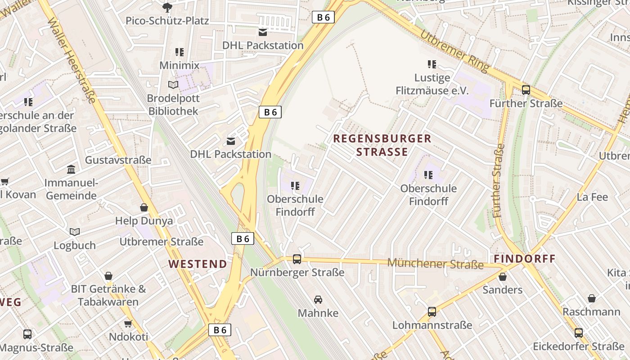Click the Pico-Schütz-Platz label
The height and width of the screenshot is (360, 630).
coord(167,20)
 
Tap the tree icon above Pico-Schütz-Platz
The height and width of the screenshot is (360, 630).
coord(167,7)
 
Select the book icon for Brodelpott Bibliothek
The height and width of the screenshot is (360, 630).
coord(173,85)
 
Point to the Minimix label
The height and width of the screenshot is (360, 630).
coord(179,65)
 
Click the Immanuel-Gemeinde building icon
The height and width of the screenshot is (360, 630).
coord(71,170)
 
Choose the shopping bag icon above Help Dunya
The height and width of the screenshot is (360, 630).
coord(144,207)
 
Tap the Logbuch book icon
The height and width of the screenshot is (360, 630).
coord(75,232)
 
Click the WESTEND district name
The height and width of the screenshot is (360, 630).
coord(198,264)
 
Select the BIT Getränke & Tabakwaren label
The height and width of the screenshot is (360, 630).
coord(108,295)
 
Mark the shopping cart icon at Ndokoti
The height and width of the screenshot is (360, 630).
coord(128,324)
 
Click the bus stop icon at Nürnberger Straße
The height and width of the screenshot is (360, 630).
coord(297,259)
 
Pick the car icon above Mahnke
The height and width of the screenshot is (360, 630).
coord(318,299)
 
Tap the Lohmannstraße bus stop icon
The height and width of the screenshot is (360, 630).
coord(432,311)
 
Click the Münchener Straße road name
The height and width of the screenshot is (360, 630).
coord(435,263)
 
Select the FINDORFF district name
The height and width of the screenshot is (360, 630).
coord(525,259)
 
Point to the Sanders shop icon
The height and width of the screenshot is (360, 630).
coord(503,276)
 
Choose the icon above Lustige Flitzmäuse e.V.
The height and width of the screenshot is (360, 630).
coord(432,64)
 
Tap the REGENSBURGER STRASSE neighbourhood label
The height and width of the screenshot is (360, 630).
coord(382,145)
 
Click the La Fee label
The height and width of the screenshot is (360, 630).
coord(592,197)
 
